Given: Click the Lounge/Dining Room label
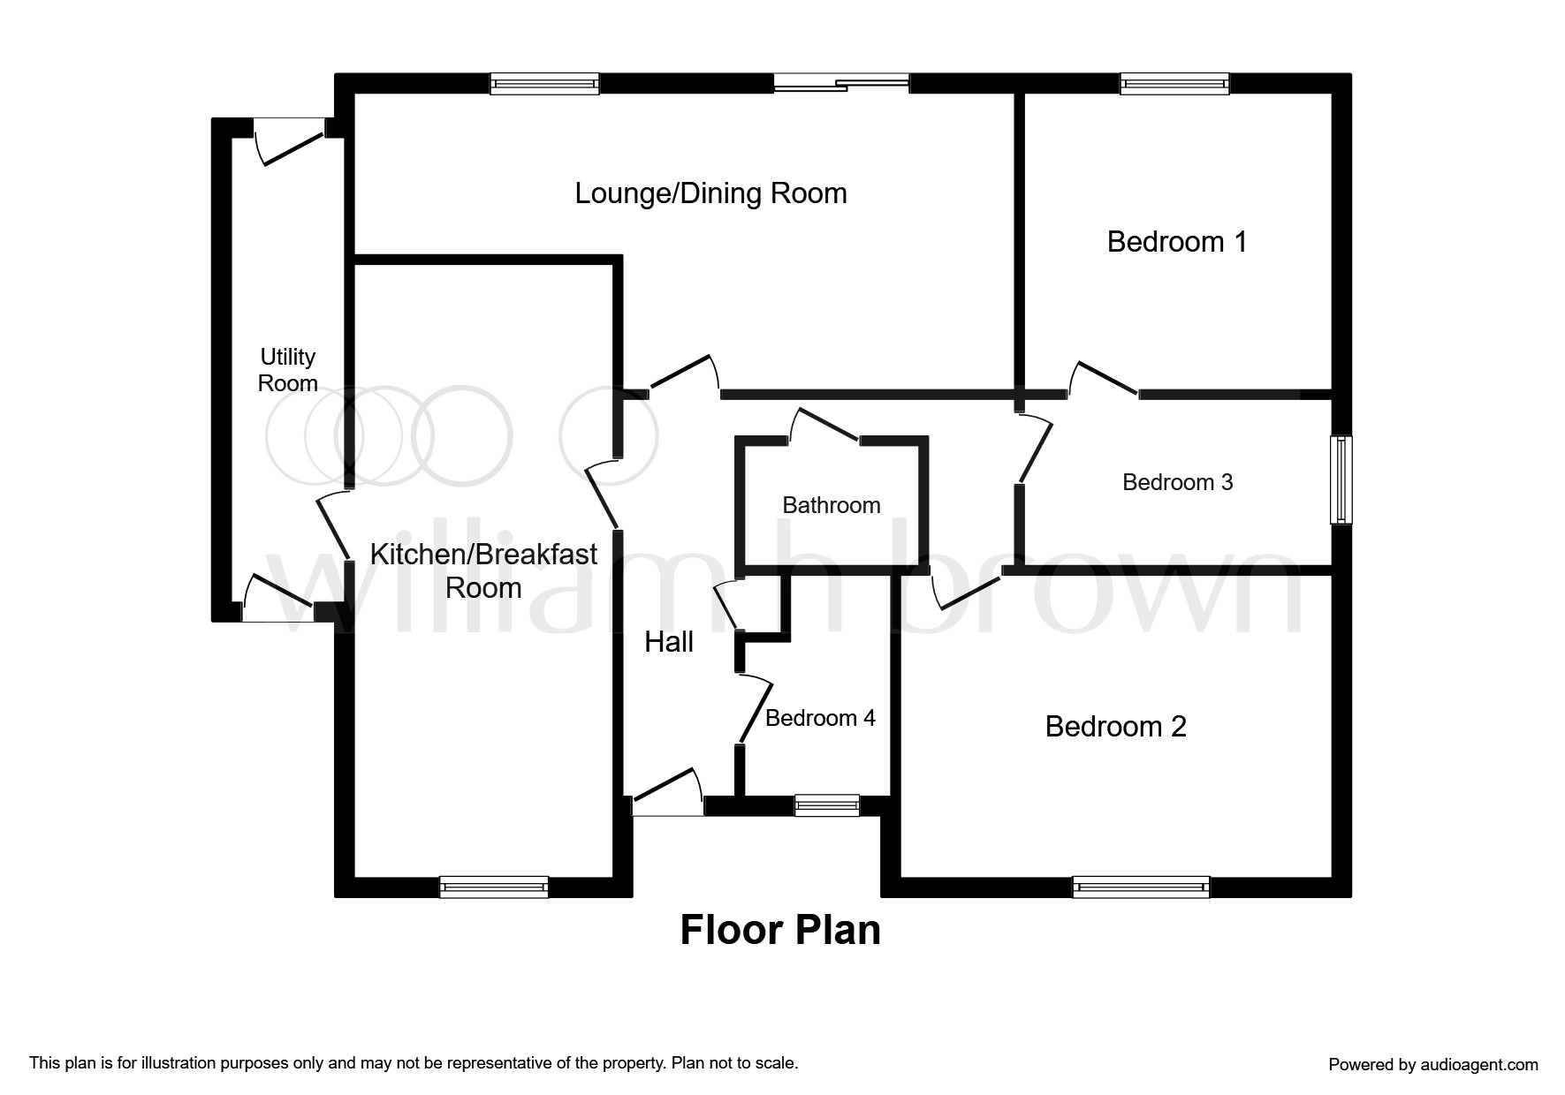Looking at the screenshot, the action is pyautogui.click(x=710, y=193).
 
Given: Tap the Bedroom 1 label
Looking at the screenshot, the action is pyautogui.click(x=1176, y=242).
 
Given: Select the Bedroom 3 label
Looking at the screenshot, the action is pyautogui.click(x=1177, y=482).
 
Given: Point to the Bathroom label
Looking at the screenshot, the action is pyautogui.click(x=832, y=505).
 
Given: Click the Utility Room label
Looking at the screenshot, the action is pyautogui.click(x=288, y=370).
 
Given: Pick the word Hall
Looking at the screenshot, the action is pyautogui.click(x=669, y=642).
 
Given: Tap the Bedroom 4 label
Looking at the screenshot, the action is pyautogui.click(x=820, y=718).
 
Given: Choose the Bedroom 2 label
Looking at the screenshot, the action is pyautogui.click(x=1115, y=727).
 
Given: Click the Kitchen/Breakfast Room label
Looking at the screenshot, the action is pyautogui.click(x=483, y=571).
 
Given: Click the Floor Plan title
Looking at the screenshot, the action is pyautogui.click(x=780, y=930).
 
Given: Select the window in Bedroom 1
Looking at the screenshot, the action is pyautogui.click(x=1174, y=84).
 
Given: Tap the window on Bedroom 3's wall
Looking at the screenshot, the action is pyautogui.click(x=1341, y=480).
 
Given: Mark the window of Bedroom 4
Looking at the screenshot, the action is pyautogui.click(x=826, y=805).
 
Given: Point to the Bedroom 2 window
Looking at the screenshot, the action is pyautogui.click(x=1141, y=887).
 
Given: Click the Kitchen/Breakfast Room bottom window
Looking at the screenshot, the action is pyautogui.click(x=493, y=887).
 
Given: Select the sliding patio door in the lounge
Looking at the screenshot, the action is pyautogui.click(x=841, y=84).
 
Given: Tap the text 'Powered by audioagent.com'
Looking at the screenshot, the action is pyautogui.click(x=1433, y=1065).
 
